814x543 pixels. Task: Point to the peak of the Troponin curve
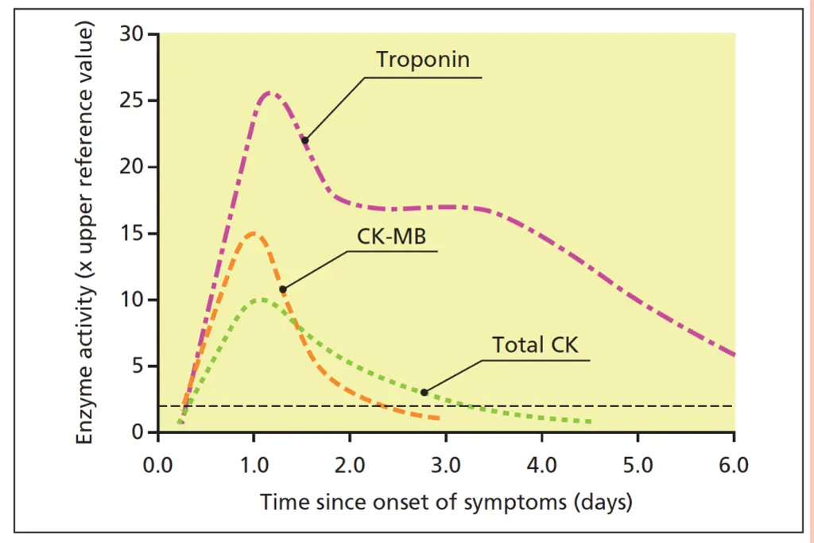pyautogui.click(x=270, y=93)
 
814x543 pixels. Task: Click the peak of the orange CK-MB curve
pyautogui.click(x=253, y=233)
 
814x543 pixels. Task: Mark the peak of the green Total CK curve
pyautogui.click(x=261, y=300)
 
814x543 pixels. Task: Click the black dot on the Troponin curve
pyautogui.click(x=304, y=140)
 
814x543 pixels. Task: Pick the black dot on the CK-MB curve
pyautogui.click(x=282, y=289)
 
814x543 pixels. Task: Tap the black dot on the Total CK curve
pyautogui.click(x=424, y=392)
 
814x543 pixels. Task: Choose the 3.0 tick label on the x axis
pyautogui.click(x=446, y=464)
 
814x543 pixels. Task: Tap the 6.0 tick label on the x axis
pyautogui.click(x=733, y=464)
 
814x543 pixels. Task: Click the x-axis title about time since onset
pyautogui.click(x=446, y=502)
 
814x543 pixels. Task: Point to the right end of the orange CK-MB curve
pyautogui.click(x=438, y=418)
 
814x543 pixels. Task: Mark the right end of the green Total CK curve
pyautogui.click(x=591, y=421)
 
